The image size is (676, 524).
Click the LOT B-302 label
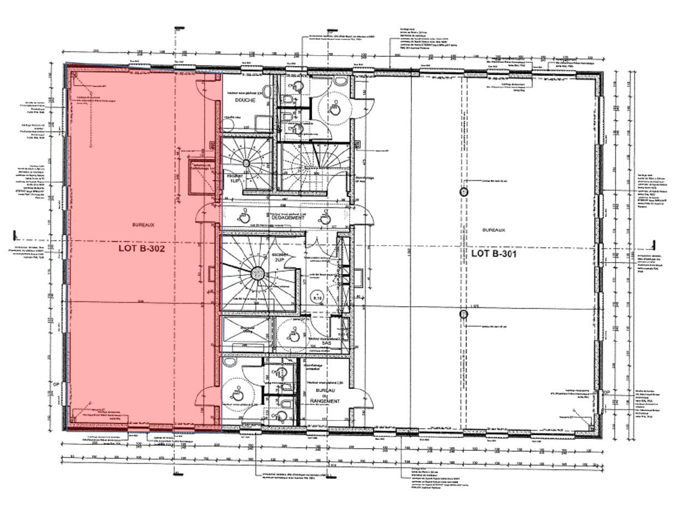(141, 248)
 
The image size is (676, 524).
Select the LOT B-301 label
(494, 254)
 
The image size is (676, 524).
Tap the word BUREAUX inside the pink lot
(144, 224)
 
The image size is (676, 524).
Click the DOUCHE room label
(245, 100)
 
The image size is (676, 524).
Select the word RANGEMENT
(325, 401)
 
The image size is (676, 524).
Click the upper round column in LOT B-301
(464, 192)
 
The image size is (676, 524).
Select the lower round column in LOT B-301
(464, 314)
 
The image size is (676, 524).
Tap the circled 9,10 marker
(317, 297)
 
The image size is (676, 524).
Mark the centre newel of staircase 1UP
(247, 163)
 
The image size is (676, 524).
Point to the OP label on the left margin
(56, 384)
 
